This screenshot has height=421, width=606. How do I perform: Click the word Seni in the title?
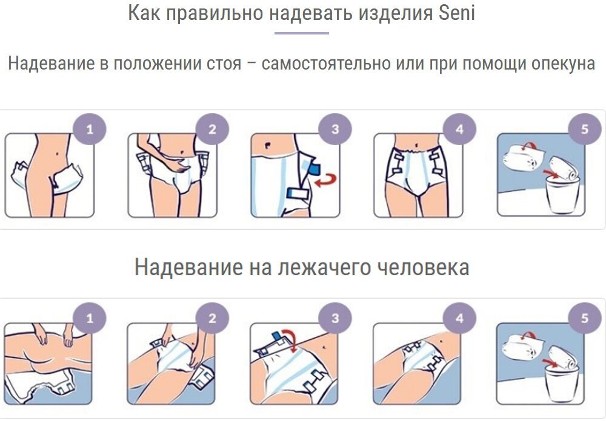[x=456, y=12]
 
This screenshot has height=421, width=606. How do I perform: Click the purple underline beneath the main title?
[x=302, y=33]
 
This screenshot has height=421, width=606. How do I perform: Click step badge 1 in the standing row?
[x=90, y=129]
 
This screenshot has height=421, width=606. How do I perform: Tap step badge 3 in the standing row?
[x=335, y=129]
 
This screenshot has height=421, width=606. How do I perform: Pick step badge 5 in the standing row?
[x=585, y=129]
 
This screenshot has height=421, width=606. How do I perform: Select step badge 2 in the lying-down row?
[x=212, y=318]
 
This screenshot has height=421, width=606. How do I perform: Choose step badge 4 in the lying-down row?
[x=459, y=318]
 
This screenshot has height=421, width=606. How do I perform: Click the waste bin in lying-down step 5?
[x=561, y=382]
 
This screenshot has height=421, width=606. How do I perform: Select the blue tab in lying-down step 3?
[x=277, y=336]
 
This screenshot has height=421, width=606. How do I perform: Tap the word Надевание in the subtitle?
[x=52, y=64]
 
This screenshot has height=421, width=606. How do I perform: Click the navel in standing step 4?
[x=417, y=145]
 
